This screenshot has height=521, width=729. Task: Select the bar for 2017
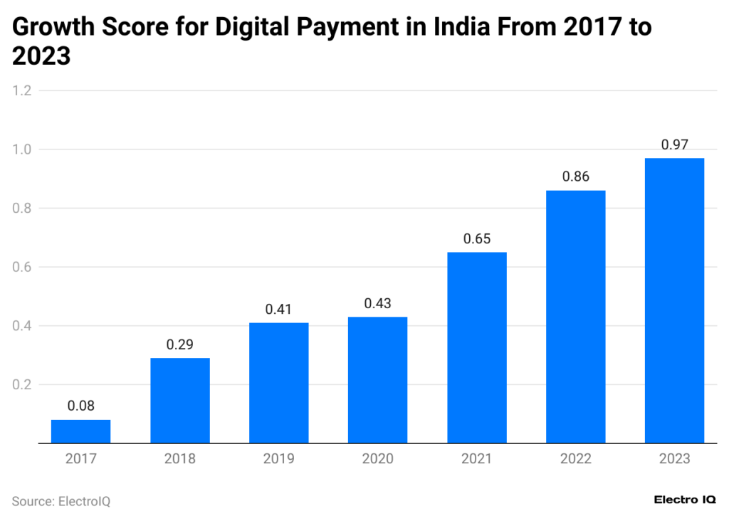(x=80, y=431)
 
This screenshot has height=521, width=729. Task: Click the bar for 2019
(x=278, y=383)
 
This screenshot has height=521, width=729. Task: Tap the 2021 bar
(x=477, y=347)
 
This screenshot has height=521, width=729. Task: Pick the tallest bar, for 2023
(x=674, y=300)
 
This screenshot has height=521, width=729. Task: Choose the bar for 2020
(x=377, y=380)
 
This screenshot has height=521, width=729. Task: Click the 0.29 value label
(x=179, y=344)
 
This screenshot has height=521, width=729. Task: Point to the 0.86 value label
(x=575, y=177)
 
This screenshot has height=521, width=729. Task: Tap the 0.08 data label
(x=80, y=406)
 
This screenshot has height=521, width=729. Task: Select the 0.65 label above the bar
(x=477, y=239)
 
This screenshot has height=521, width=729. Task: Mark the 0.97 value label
(x=674, y=144)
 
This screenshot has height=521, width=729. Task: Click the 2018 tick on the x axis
(x=179, y=459)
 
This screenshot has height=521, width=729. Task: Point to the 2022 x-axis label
(x=575, y=459)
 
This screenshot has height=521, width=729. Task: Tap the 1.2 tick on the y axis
(x=22, y=90)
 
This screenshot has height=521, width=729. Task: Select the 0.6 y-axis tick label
(x=22, y=267)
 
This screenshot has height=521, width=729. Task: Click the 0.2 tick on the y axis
(x=22, y=384)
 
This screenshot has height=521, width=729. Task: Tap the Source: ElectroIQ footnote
(x=61, y=501)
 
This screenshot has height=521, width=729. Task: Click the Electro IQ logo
(x=685, y=500)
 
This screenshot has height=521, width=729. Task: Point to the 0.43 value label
(x=377, y=303)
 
